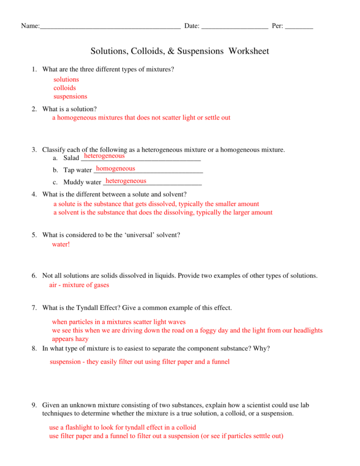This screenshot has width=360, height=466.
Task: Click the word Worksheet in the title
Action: click(x=249, y=51)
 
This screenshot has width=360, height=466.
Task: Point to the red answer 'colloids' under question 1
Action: click(x=65, y=88)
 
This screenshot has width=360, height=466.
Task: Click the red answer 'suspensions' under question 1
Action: click(x=70, y=96)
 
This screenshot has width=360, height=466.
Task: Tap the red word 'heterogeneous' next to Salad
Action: click(x=104, y=156)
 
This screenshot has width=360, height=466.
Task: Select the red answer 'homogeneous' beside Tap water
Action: click(x=115, y=169)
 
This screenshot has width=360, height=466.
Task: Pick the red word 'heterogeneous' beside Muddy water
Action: click(x=126, y=181)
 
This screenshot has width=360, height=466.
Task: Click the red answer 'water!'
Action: click(x=61, y=244)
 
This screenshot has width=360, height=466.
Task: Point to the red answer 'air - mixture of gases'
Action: click(x=79, y=285)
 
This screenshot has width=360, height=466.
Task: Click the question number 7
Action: click(x=34, y=308)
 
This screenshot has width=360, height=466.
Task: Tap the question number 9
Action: click(x=34, y=405)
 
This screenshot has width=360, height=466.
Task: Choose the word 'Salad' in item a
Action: click(x=71, y=158)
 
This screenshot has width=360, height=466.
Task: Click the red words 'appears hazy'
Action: click(x=70, y=339)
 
